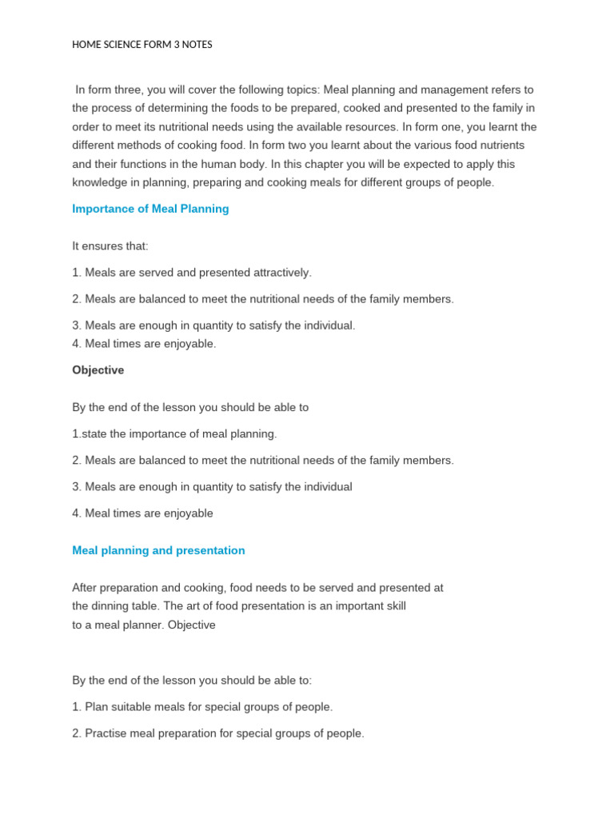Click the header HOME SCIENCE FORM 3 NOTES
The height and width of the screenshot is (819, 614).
[x=142, y=45]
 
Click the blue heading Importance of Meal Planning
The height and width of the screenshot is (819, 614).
[x=150, y=209]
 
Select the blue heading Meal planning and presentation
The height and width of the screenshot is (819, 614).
[x=158, y=550]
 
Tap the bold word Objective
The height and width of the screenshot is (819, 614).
[x=98, y=370]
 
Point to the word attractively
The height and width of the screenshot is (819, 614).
[x=281, y=273]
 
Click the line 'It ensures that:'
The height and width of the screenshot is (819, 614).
[x=110, y=246]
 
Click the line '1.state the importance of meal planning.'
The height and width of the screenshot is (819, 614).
[x=174, y=433]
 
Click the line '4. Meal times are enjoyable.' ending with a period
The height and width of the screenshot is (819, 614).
[x=144, y=344]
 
